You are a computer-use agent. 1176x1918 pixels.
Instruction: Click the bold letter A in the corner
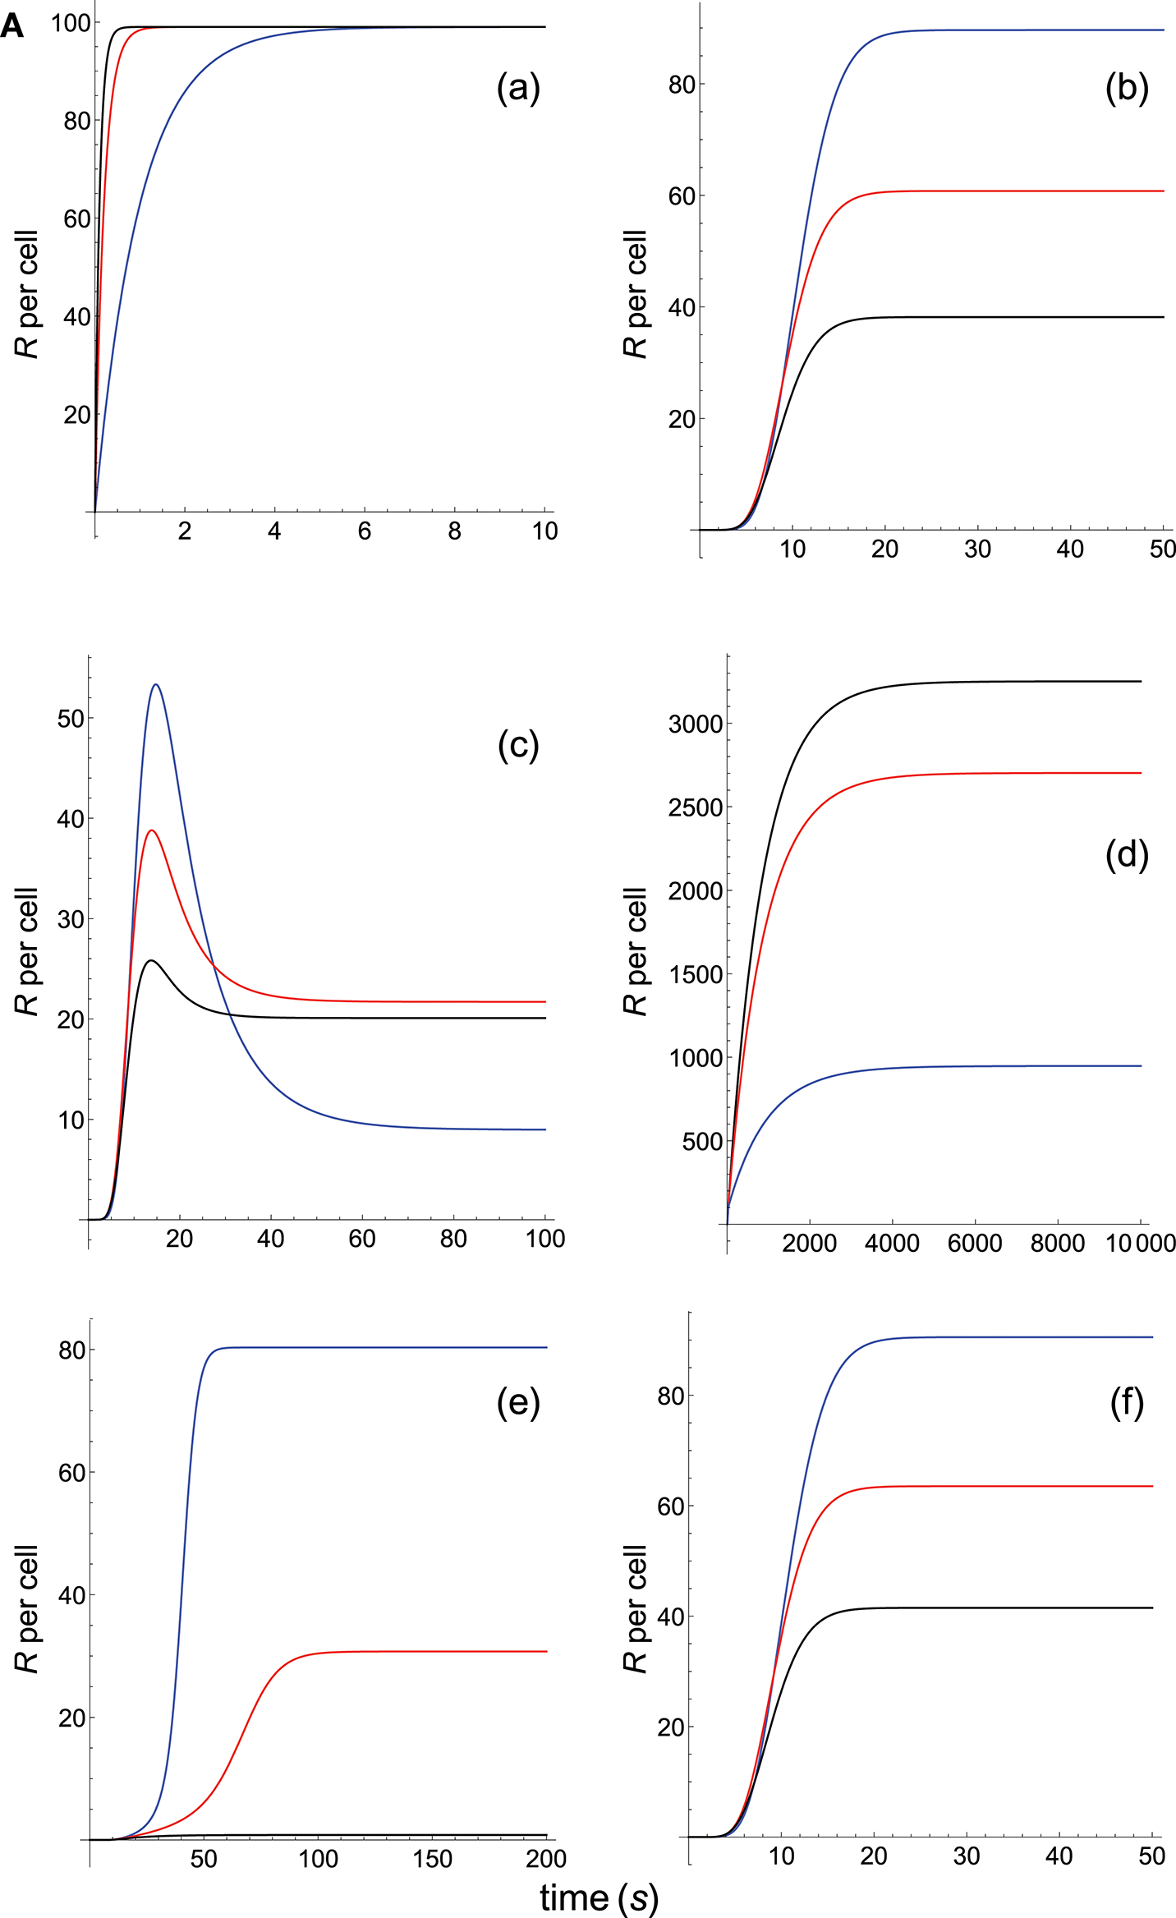(12, 27)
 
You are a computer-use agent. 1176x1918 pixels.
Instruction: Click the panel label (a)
(518, 87)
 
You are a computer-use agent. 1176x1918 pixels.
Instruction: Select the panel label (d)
(1127, 854)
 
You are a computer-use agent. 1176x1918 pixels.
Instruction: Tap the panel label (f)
(1127, 1403)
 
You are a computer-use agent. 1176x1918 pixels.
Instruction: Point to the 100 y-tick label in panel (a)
(71, 23)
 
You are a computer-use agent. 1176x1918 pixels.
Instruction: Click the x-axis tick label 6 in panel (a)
(365, 531)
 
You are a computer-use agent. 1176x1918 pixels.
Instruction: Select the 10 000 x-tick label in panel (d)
(1141, 1244)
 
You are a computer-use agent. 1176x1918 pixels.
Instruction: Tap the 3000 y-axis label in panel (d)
(696, 724)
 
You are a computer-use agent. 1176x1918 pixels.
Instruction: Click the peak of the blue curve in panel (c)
(156, 684)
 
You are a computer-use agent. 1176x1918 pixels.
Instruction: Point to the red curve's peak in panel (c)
(151, 830)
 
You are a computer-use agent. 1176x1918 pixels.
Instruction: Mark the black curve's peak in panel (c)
(151, 960)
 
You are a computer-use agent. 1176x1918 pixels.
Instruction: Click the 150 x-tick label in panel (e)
(432, 1859)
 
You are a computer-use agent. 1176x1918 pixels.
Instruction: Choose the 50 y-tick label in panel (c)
(71, 719)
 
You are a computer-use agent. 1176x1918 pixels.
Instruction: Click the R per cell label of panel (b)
(635, 294)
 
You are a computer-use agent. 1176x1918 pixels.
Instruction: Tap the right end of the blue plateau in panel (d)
(1141, 1066)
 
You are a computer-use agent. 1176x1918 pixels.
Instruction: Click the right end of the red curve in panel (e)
(546, 1651)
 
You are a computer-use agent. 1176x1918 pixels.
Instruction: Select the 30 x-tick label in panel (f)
(967, 1856)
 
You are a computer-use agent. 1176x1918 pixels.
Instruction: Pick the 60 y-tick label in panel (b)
(682, 196)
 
